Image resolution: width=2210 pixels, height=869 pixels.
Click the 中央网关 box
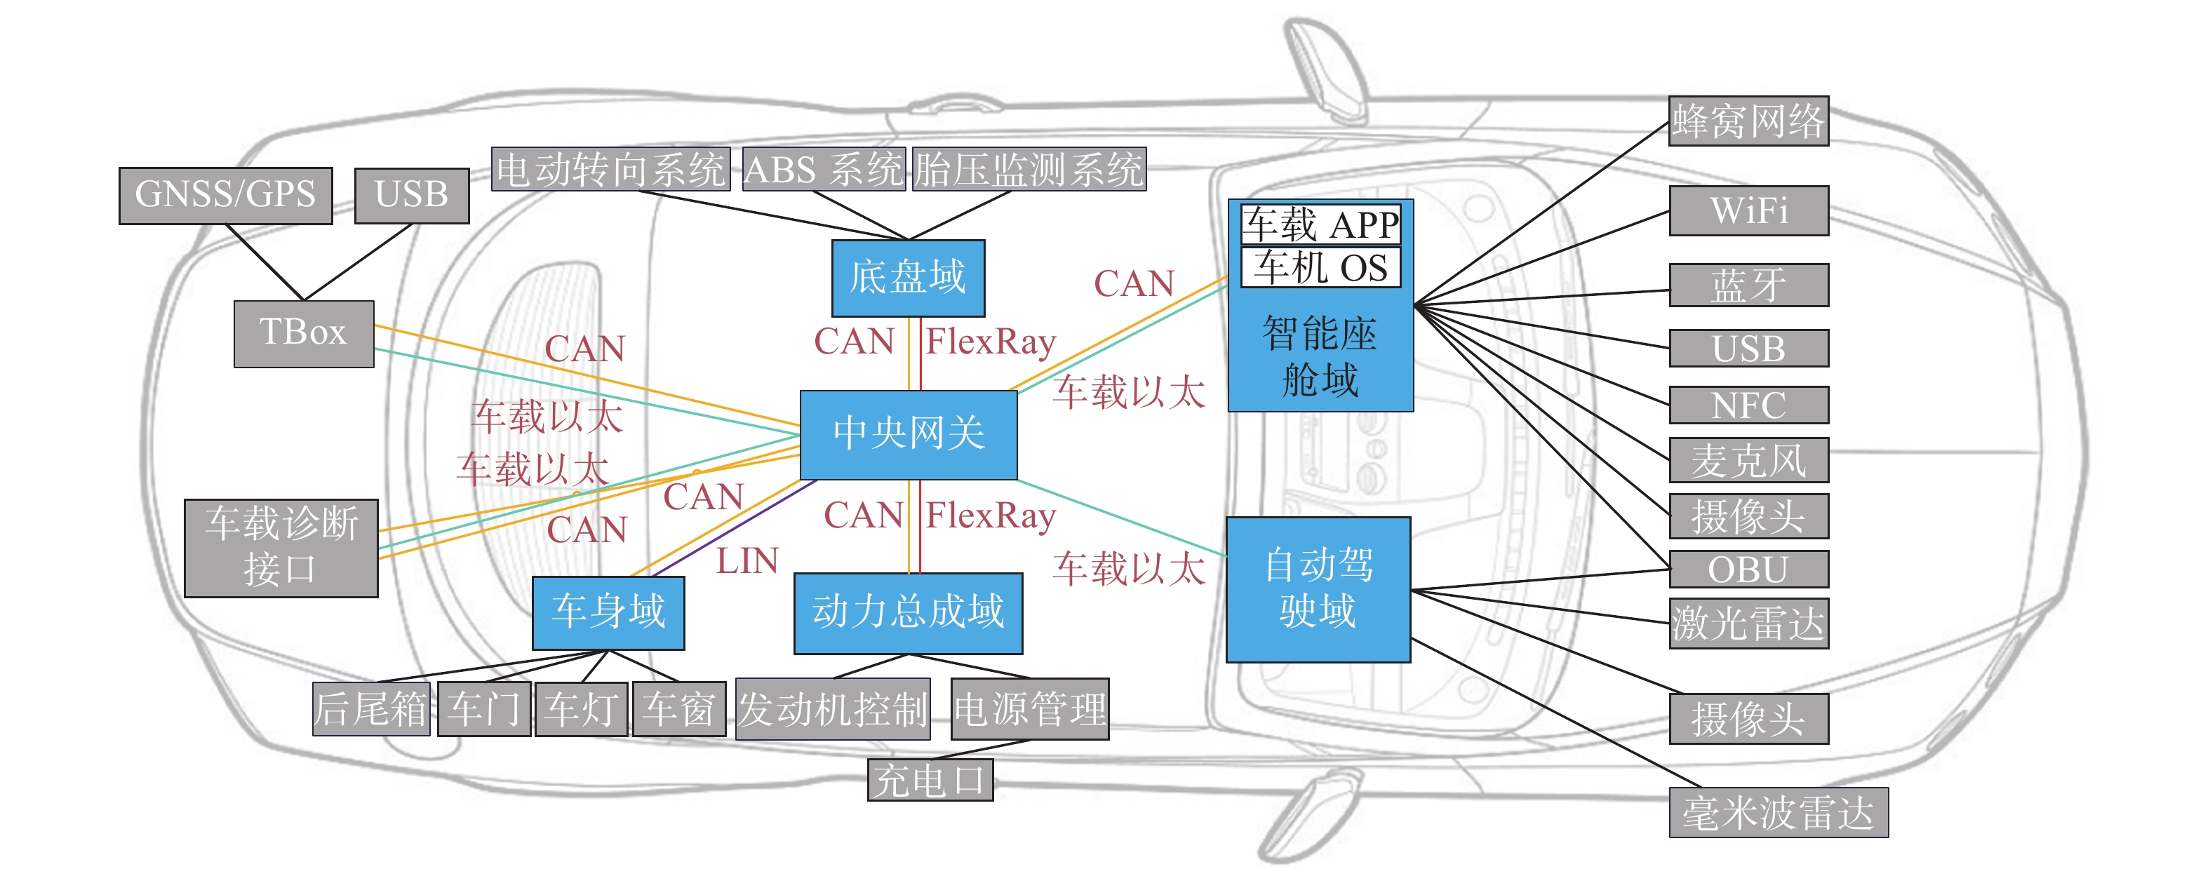pyautogui.click(x=909, y=435)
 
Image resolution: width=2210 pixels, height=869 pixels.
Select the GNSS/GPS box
pyautogui.click(x=226, y=196)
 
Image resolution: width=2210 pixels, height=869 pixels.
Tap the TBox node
pyautogui.click(x=304, y=334)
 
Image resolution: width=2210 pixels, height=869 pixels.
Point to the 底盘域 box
pyautogui.click(x=909, y=278)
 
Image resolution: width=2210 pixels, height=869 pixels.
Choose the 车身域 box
pyautogui.click(x=608, y=612)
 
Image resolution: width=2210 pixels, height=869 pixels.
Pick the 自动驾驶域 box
pyautogui.click(x=1318, y=589)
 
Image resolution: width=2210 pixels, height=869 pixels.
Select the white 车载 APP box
pyautogui.click(x=1321, y=224)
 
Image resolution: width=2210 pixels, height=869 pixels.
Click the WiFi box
pyautogui.click(x=1748, y=211)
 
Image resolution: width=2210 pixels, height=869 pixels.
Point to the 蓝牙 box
pyautogui.click(x=1748, y=285)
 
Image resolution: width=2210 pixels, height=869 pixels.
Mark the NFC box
pyautogui.click(x=1748, y=405)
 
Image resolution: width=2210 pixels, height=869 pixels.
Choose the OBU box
pyautogui.click(x=1748, y=569)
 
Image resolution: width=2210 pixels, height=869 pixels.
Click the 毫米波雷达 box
pyautogui.click(x=1779, y=812)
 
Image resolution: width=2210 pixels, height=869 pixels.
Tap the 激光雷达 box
pyautogui.click(x=1748, y=624)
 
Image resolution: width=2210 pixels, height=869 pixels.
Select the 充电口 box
pyautogui.click(x=930, y=780)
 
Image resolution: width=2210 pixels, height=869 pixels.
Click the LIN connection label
pyautogui.click(x=747, y=562)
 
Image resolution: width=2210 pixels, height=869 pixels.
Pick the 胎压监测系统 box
pyautogui.click(x=1029, y=169)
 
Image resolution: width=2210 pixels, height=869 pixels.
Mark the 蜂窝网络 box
pyautogui.click(x=1748, y=121)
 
